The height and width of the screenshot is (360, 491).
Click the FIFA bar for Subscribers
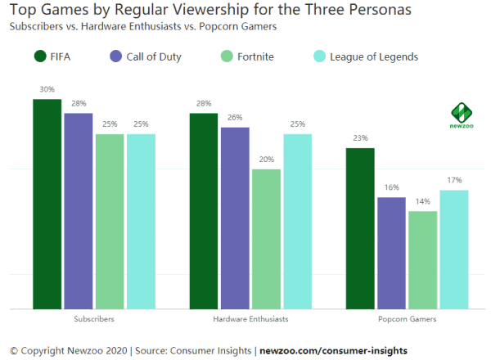[x=47, y=205]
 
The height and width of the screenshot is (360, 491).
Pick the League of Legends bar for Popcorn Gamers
[x=454, y=250]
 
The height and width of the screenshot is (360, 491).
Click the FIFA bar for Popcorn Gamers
[x=360, y=229]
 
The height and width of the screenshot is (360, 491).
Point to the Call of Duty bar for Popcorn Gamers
[x=392, y=253]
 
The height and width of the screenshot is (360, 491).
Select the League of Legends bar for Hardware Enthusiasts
[x=298, y=222]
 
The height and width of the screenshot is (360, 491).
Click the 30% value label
[x=47, y=88]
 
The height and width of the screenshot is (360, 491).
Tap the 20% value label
[x=266, y=160]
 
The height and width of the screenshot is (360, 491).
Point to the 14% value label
[x=423, y=201]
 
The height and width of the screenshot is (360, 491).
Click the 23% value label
[x=360, y=138]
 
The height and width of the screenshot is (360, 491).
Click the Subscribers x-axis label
[x=94, y=318]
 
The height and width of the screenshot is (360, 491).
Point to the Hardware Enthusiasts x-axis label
[x=250, y=318]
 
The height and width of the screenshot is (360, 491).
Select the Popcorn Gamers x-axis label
[x=408, y=318]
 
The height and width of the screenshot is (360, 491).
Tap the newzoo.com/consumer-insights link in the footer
[x=333, y=350]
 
